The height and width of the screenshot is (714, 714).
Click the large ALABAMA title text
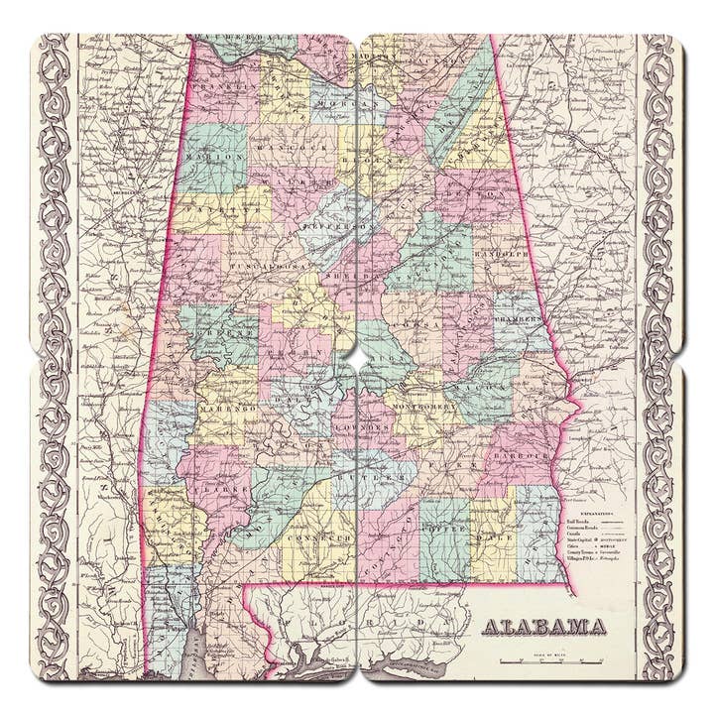coord(544,627)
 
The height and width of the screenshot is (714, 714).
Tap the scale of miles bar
coord(549,659)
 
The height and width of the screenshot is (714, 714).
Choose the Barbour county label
coord(529,455)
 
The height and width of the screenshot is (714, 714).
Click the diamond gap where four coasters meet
coord(357,356)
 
